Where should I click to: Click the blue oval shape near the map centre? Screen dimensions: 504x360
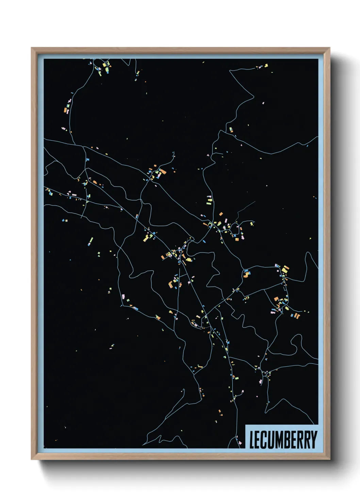point(204,241)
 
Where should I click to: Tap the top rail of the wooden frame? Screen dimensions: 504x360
point(180,50)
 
